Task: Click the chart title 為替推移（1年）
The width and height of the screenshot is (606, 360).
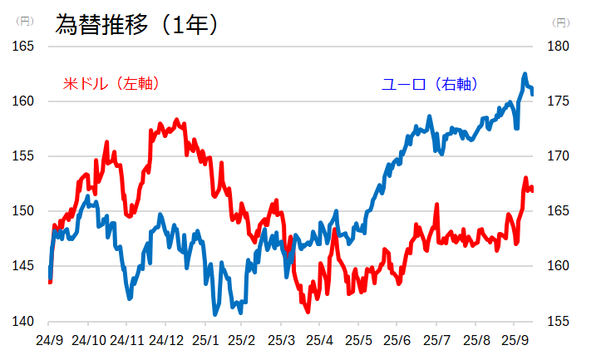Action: click(137, 24)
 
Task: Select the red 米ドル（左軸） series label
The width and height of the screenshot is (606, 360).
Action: click(111, 83)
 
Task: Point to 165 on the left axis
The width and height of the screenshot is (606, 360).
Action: click(22, 47)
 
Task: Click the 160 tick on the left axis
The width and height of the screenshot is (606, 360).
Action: click(22, 101)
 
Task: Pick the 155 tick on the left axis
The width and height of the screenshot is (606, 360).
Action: click(22, 156)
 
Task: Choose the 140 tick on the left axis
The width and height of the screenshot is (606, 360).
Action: click(22, 321)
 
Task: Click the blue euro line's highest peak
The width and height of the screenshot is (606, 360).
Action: click(525, 74)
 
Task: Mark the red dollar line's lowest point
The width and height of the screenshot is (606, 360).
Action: click(308, 312)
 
